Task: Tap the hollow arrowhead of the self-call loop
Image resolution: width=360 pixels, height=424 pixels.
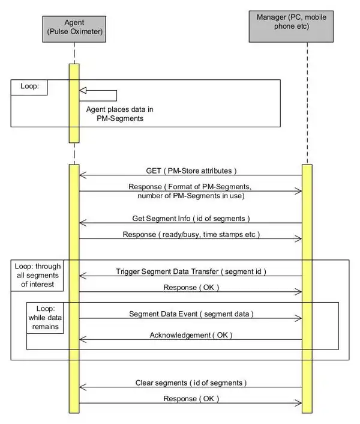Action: (83, 90)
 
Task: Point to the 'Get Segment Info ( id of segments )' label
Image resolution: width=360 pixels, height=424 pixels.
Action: (190, 217)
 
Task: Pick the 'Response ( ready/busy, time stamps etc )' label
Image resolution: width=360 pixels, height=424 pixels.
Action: (191, 234)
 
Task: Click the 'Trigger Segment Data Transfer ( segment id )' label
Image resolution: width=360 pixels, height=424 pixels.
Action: (191, 271)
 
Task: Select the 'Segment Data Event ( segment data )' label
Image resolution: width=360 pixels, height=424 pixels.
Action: (191, 313)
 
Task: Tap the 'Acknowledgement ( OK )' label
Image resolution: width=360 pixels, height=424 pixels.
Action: (191, 334)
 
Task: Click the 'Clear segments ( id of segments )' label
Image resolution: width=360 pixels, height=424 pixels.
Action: (191, 382)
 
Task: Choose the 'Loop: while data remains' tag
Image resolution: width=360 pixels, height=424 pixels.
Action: (45, 318)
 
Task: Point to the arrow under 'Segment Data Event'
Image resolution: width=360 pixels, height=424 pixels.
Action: (191, 319)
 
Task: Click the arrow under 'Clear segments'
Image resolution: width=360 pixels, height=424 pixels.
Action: (191, 387)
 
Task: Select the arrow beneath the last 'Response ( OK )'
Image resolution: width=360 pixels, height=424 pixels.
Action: (191, 403)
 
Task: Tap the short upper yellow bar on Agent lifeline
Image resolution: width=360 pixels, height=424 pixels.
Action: (74, 102)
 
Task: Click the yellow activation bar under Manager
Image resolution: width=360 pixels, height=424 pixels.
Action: (307, 288)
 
